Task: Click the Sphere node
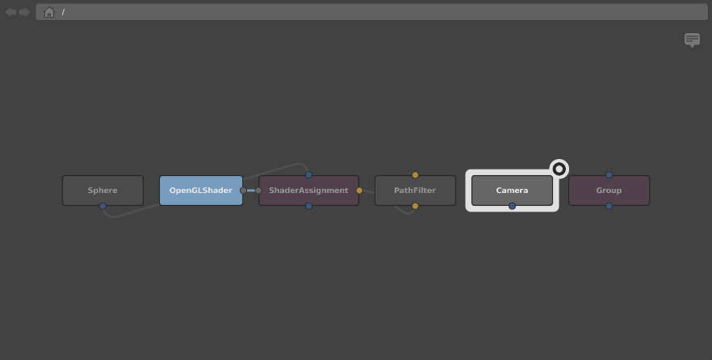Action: click(x=103, y=190)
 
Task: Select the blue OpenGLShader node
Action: click(x=201, y=190)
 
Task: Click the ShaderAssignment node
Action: click(x=308, y=190)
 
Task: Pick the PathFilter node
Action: click(x=415, y=190)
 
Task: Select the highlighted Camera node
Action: click(x=512, y=190)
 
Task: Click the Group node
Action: click(x=609, y=190)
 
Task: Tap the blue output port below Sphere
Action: click(x=103, y=206)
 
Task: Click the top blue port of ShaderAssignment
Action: click(x=308, y=175)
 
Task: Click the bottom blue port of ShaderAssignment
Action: click(x=308, y=206)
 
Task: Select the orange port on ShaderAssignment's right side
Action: click(x=359, y=190)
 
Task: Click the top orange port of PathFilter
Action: click(x=415, y=175)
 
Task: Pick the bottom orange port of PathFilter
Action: click(x=415, y=206)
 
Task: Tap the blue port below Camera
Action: click(x=512, y=206)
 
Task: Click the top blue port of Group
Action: click(x=609, y=175)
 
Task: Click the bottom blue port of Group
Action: click(x=609, y=206)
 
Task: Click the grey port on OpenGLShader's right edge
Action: click(x=244, y=190)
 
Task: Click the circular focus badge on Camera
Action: click(x=559, y=170)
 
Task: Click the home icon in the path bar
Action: click(x=49, y=12)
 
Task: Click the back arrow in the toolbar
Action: click(x=11, y=12)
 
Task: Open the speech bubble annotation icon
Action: click(x=692, y=40)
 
